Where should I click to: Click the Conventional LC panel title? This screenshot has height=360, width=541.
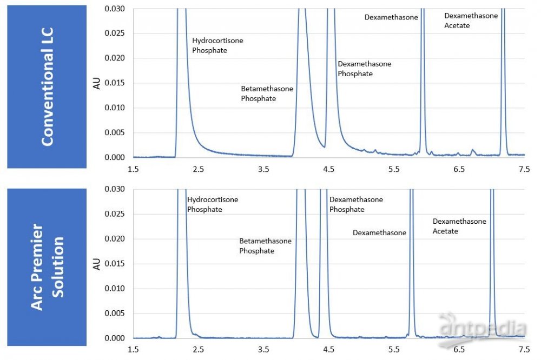click(x=47, y=86)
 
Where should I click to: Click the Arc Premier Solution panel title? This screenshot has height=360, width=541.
click(x=47, y=267)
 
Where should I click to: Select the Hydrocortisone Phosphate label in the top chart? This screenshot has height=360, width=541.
click(x=217, y=45)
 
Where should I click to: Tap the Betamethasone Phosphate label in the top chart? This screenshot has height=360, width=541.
click(x=267, y=94)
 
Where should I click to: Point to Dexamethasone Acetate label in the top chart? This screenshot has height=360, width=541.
click(x=471, y=21)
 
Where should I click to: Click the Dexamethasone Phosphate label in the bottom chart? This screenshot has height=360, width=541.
click(x=356, y=204)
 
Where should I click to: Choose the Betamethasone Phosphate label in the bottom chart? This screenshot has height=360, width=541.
click(x=265, y=246)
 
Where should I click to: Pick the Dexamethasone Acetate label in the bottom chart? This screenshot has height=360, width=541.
click(x=459, y=226)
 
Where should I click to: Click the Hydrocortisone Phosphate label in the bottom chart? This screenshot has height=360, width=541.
click(x=212, y=204)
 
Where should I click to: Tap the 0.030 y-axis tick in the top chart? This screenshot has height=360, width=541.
click(x=115, y=9)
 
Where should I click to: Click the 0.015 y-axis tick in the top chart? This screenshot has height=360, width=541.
click(x=115, y=83)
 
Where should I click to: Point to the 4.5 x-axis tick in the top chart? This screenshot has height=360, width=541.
click(x=329, y=169)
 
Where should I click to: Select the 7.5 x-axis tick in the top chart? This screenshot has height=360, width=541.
click(x=524, y=169)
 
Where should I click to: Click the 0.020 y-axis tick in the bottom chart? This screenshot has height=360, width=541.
click(x=115, y=239)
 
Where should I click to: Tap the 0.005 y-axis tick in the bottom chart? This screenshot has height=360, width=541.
click(x=115, y=314)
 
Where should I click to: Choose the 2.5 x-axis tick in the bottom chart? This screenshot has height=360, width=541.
click(x=199, y=349)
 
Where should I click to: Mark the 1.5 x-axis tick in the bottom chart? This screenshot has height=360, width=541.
click(x=133, y=349)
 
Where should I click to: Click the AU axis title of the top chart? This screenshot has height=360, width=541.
click(x=97, y=83)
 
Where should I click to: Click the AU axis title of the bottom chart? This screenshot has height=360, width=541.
click(x=97, y=264)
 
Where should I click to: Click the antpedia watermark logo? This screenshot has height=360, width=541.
click(x=482, y=327)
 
